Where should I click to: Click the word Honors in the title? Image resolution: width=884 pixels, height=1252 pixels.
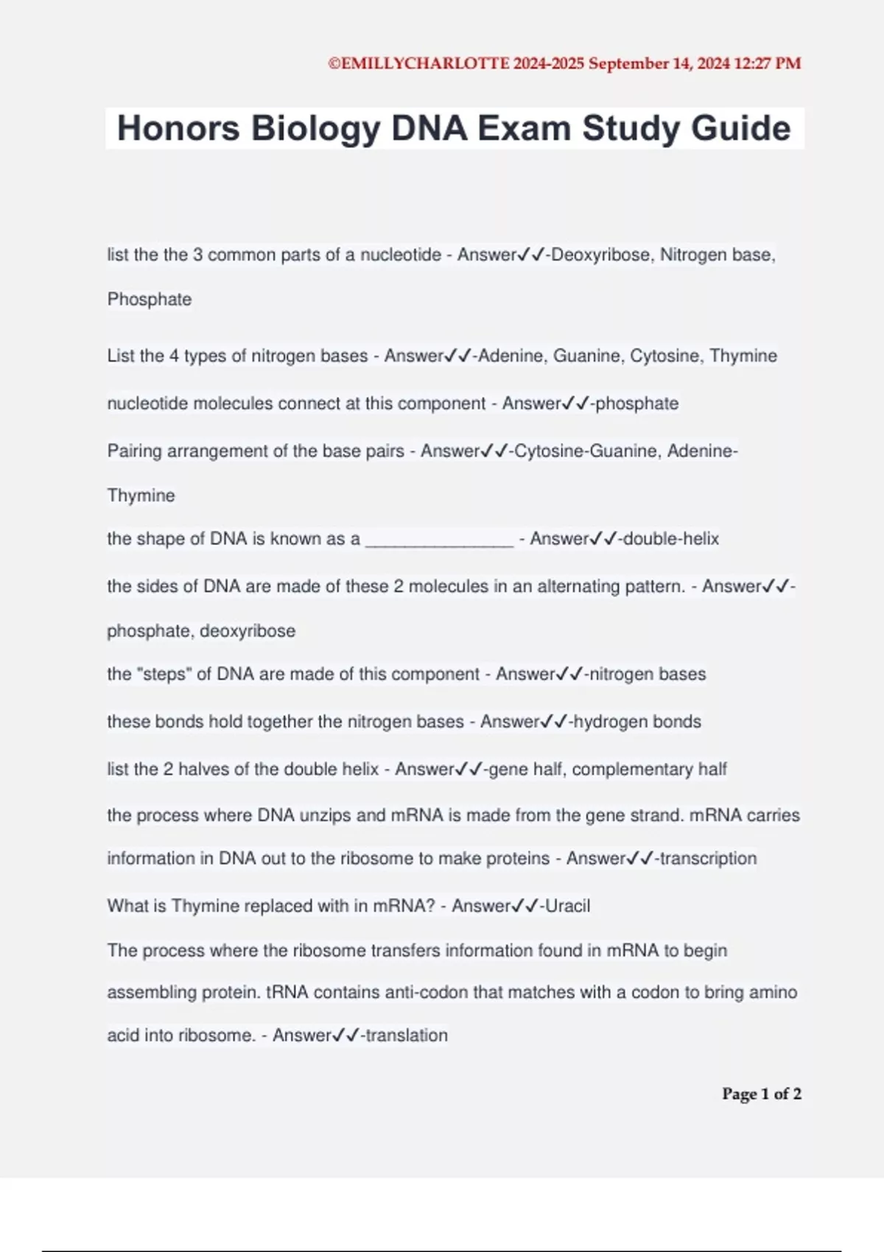click(178, 128)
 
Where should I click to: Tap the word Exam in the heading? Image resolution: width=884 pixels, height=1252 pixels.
click(524, 128)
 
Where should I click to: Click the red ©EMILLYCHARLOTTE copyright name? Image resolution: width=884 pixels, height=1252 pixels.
click(418, 64)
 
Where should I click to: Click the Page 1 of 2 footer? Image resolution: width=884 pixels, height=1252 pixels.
click(761, 1094)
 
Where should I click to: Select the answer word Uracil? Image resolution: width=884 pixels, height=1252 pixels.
click(567, 906)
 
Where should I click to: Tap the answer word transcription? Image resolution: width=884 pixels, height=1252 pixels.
click(708, 859)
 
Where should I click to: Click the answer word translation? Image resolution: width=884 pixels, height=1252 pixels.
click(407, 1035)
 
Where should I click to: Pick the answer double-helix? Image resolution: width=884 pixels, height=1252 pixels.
click(670, 539)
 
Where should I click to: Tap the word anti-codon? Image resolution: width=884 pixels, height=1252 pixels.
click(426, 993)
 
